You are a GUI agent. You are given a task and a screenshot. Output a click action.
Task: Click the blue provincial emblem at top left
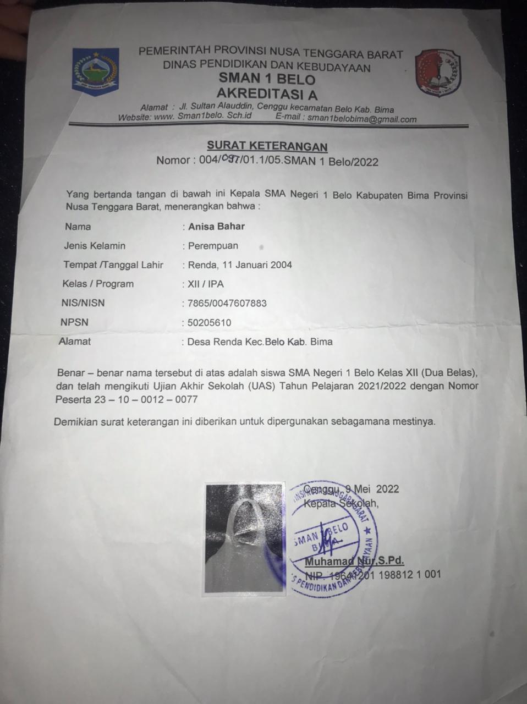click(95, 71)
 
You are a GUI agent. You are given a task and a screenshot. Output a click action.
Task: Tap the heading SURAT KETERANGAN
click(267, 146)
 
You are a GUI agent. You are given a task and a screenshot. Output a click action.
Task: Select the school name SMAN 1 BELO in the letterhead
click(267, 80)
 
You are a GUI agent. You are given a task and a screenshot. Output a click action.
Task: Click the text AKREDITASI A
click(267, 94)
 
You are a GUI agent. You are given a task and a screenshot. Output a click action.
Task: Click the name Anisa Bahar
click(216, 226)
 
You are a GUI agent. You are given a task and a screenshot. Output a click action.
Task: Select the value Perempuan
click(213, 246)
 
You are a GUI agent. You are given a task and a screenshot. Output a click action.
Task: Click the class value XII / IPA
click(206, 284)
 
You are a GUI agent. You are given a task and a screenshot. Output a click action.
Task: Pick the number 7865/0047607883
click(227, 303)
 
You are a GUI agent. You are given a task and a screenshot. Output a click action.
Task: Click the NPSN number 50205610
click(210, 322)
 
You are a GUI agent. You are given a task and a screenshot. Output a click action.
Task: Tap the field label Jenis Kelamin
click(94, 246)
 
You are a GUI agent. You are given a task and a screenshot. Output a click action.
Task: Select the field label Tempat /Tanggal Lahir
click(113, 265)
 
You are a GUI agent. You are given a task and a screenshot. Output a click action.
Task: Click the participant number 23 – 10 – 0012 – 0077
click(146, 399)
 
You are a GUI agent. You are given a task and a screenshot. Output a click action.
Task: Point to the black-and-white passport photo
click(245, 538)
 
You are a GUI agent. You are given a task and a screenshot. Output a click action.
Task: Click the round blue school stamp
click(332, 538)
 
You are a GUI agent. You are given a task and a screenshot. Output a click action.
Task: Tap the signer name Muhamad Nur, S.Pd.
click(354, 561)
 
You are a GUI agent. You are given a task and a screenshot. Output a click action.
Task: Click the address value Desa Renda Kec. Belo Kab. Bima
click(260, 342)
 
